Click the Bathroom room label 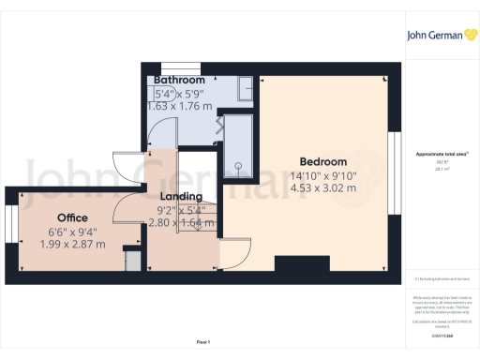tap(178, 81)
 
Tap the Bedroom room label tap(322, 160)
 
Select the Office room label tap(72, 217)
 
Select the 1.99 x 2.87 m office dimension tap(72, 244)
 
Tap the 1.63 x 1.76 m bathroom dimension tap(179, 107)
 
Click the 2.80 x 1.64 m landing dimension tap(181, 223)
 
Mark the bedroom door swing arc tap(235, 251)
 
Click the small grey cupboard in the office tap(133, 260)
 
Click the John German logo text tap(434, 37)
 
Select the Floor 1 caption tap(203, 341)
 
